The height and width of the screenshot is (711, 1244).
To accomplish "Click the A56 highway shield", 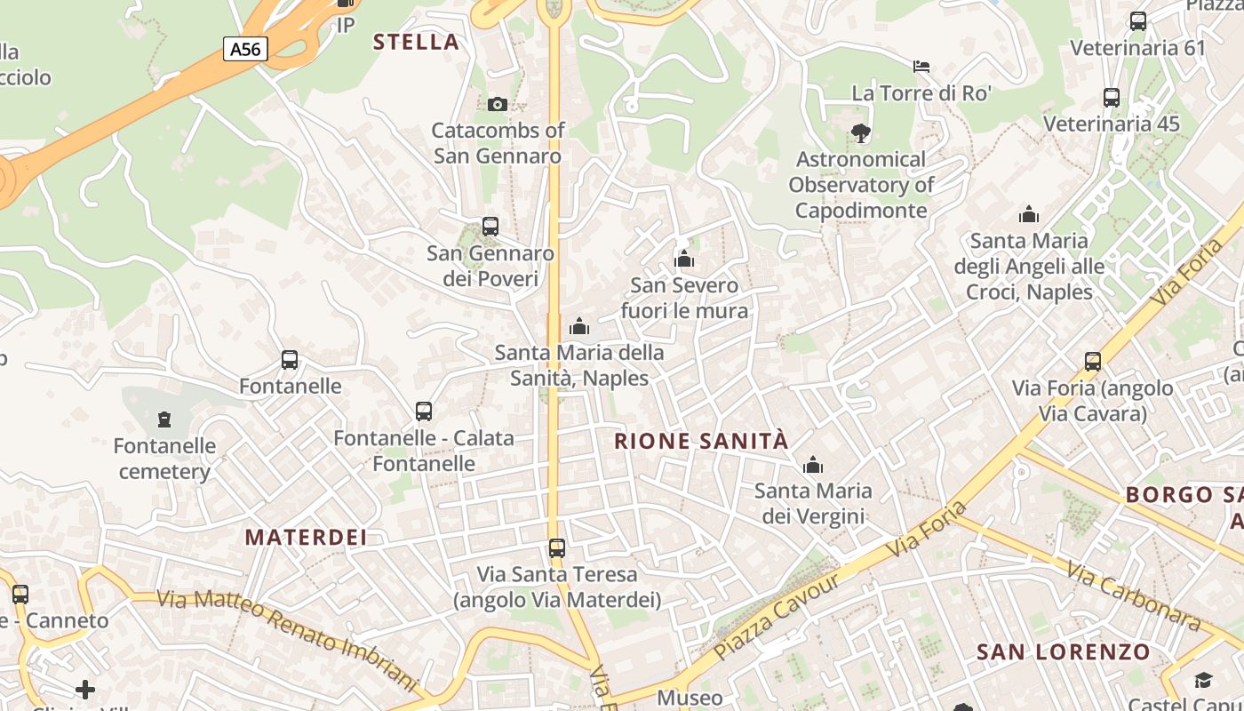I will point(245,49).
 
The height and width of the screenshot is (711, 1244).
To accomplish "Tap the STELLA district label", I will point(416,42).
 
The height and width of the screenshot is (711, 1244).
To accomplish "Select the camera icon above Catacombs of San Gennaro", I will point(498,104).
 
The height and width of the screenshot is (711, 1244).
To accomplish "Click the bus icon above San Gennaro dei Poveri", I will point(490,227).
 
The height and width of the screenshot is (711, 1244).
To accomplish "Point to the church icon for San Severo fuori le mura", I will point(684,259).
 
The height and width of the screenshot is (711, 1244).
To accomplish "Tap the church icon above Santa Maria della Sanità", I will point(579,326).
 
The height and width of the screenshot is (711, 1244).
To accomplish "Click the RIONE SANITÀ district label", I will point(701,441).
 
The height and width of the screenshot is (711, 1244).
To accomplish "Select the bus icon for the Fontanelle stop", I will point(290,360).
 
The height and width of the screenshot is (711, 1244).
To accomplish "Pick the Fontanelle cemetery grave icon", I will point(163,419).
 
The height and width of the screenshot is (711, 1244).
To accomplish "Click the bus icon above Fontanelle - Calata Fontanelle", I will point(424,411).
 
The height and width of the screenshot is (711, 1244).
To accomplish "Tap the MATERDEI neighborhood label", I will point(306,538).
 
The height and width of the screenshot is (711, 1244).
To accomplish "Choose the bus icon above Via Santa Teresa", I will point(557,548).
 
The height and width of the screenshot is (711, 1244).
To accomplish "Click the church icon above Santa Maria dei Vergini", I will point(812,465).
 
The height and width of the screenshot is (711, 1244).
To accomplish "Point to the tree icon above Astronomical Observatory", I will point(860,133).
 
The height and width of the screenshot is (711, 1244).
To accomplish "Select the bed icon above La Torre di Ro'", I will point(921,67).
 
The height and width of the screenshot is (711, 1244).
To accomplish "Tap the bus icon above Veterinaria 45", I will point(1112,98).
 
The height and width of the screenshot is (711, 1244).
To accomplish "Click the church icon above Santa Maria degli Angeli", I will point(1029,214).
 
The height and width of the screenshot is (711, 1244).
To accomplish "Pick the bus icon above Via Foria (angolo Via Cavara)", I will point(1093,362).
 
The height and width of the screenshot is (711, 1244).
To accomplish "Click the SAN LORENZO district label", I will point(1064,652).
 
